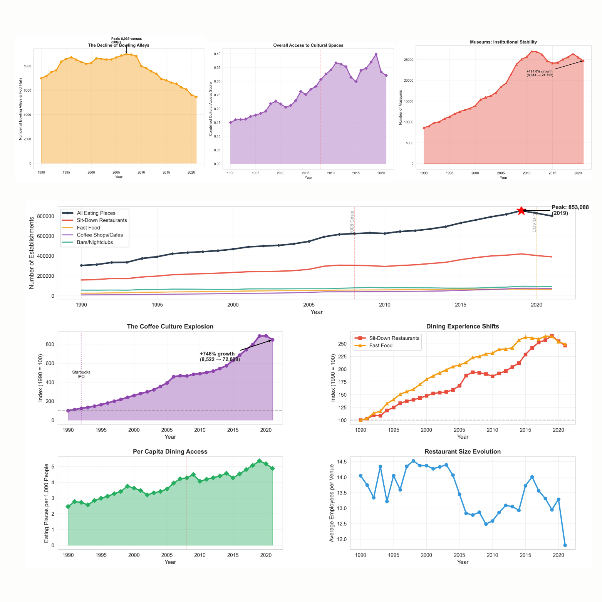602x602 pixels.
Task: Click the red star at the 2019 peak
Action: click(521, 210)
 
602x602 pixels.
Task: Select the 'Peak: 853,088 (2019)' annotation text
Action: click(570, 210)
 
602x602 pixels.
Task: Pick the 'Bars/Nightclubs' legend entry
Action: click(95, 242)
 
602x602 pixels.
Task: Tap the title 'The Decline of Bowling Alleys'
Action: click(119, 45)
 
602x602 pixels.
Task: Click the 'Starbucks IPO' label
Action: click(81, 374)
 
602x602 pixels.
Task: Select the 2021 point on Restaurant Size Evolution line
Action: click(565, 545)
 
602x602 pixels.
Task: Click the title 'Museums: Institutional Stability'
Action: click(503, 42)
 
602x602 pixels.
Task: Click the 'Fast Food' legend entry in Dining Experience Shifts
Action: click(381, 345)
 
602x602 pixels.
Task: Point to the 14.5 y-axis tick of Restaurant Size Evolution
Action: click(342, 461)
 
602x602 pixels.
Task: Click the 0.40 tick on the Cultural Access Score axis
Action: click(217, 54)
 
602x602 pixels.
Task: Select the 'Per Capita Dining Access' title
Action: click(170, 451)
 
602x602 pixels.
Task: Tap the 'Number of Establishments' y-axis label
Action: click(32, 252)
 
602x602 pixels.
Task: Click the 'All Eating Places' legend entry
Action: click(96, 213)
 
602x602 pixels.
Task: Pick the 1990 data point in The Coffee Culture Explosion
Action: click(68, 411)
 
